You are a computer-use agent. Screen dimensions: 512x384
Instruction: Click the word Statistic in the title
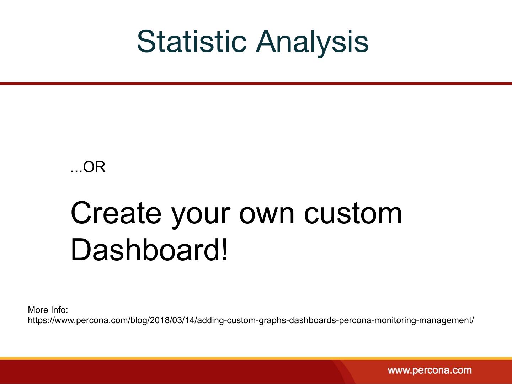pyautogui.click(x=192, y=42)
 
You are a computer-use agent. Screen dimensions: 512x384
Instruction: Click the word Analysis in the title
pyautogui.click(x=312, y=43)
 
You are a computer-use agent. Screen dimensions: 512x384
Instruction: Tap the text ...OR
pyautogui.click(x=88, y=167)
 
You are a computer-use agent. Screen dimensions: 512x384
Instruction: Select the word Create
pyautogui.click(x=116, y=213)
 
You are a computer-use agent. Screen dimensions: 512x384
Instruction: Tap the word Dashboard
pyautogui.click(x=145, y=250)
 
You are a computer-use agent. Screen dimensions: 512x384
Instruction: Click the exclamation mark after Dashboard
pyautogui.click(x=225, y=250)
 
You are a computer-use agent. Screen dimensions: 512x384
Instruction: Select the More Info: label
pyautogui.click(x=48, y=310)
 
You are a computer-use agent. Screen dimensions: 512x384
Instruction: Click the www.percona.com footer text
pyautogui.click(x=430, y=370)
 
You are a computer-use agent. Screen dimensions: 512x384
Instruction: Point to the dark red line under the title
pyautogui.click(x=256, y=84)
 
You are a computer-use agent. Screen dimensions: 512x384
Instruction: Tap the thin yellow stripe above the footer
pyautogui.click(x=256, y=358)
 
